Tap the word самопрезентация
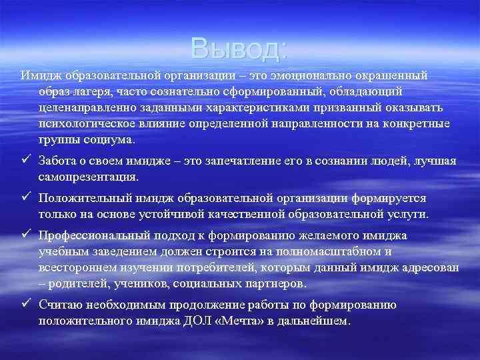88,177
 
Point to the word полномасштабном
331,251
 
